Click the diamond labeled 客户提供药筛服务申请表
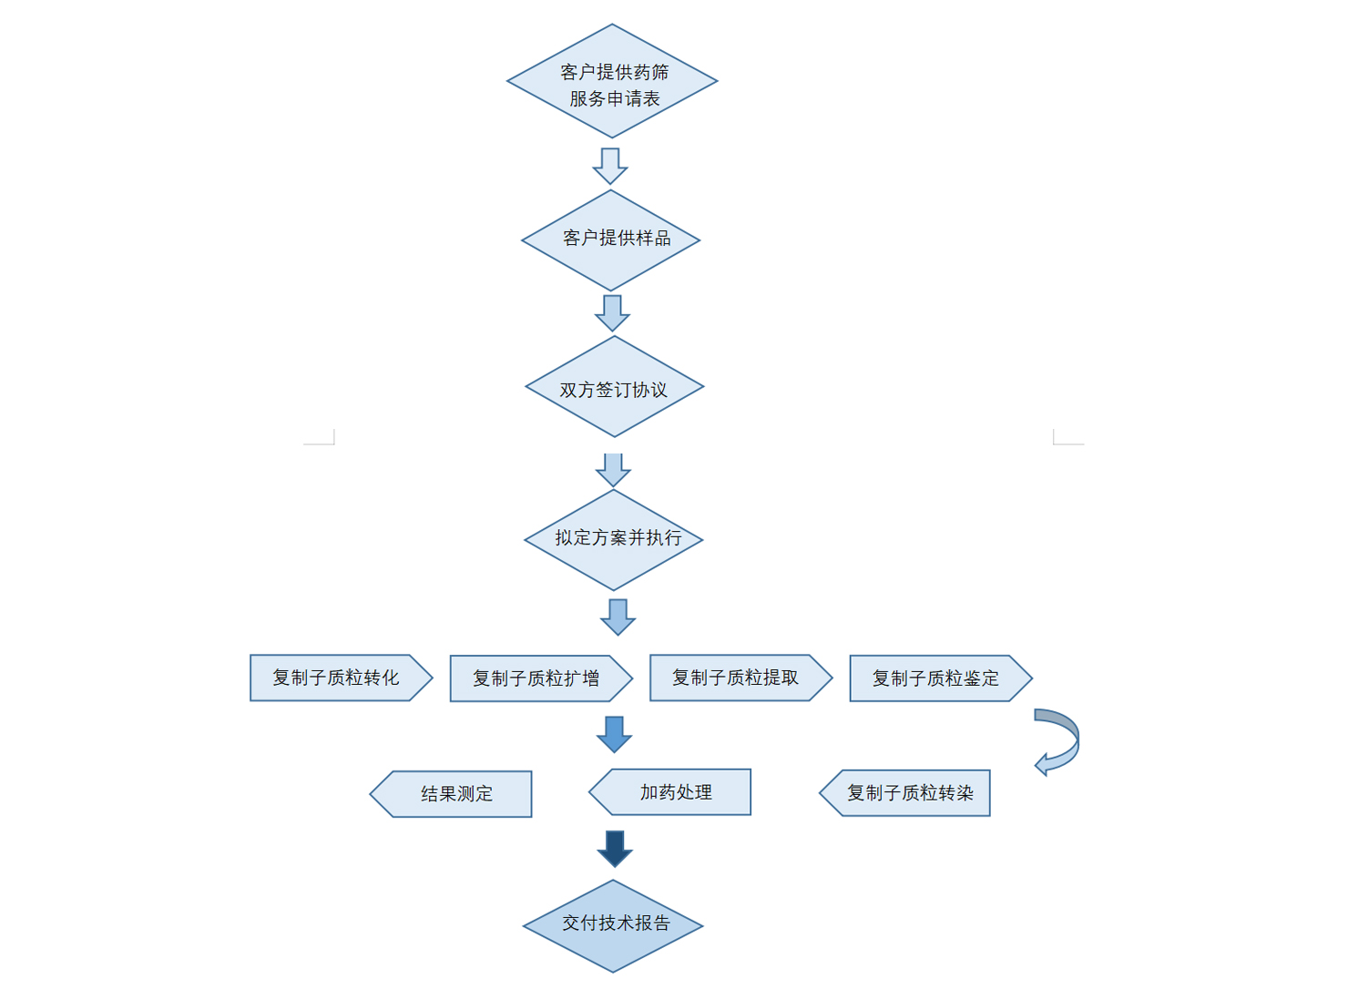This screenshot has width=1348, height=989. coord(612,81)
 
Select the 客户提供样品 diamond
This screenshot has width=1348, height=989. coord(611,240)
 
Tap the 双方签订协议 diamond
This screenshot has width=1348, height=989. coord(614,387)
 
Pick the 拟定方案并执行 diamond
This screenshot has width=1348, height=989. coord(614,539)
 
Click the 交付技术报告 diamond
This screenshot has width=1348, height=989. coord(613,925)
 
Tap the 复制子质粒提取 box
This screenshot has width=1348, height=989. coord(739,678)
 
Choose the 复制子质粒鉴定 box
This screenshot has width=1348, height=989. coord(938,678)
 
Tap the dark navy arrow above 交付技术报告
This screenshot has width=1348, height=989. coord(615,848)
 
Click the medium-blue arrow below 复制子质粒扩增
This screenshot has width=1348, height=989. coord(615,733)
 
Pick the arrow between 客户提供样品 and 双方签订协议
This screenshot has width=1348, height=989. coord(612,312)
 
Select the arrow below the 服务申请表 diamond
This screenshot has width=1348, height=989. coord(610,166)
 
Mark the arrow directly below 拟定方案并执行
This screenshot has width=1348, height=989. coord(618,617)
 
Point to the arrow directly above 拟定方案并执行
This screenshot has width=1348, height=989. coord(613,469)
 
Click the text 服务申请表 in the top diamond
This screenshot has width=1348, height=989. coord(615,98)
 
